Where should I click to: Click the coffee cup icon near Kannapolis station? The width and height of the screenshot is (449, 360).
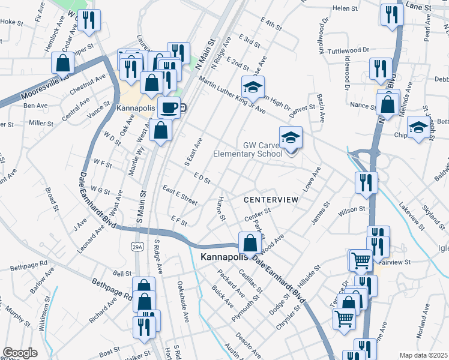(169, 107)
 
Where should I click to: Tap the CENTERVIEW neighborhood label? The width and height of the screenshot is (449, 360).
(271, 199)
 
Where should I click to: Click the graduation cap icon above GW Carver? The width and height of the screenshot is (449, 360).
(291, 138)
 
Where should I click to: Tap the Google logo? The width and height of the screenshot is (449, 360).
(20, 353)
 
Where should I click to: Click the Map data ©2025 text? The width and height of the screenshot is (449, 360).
(423, 355)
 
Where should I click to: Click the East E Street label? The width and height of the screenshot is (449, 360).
(179, 194)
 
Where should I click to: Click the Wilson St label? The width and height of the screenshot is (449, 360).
(352, 210)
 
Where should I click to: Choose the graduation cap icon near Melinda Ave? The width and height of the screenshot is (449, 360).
(418, 128)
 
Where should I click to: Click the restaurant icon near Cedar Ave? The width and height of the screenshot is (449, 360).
(89, 20)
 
